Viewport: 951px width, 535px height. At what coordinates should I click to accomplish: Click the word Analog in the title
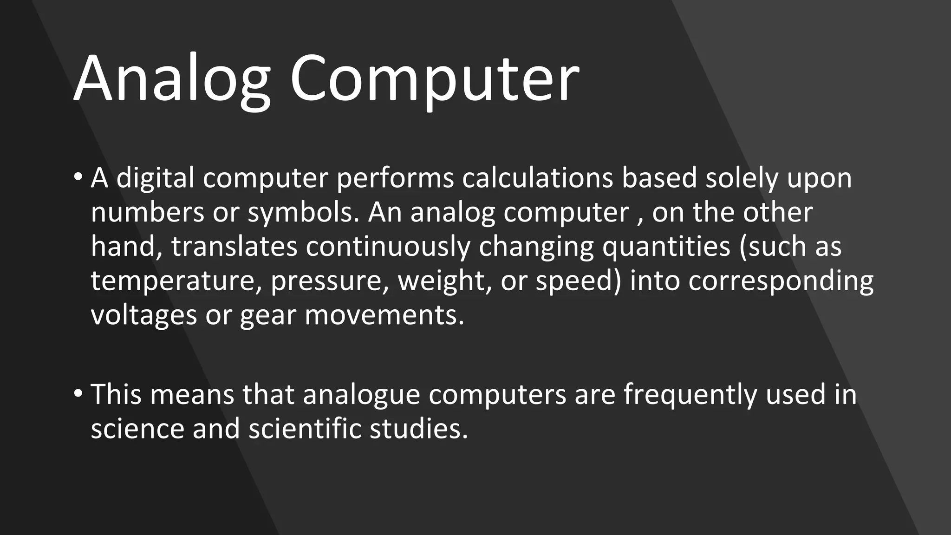tap(172, 79)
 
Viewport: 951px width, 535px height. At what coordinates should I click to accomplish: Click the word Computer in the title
tap(435, 79)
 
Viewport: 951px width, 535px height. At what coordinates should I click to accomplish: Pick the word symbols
tap(304, 212)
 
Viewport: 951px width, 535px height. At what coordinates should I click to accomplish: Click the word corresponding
tap(781, 281)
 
